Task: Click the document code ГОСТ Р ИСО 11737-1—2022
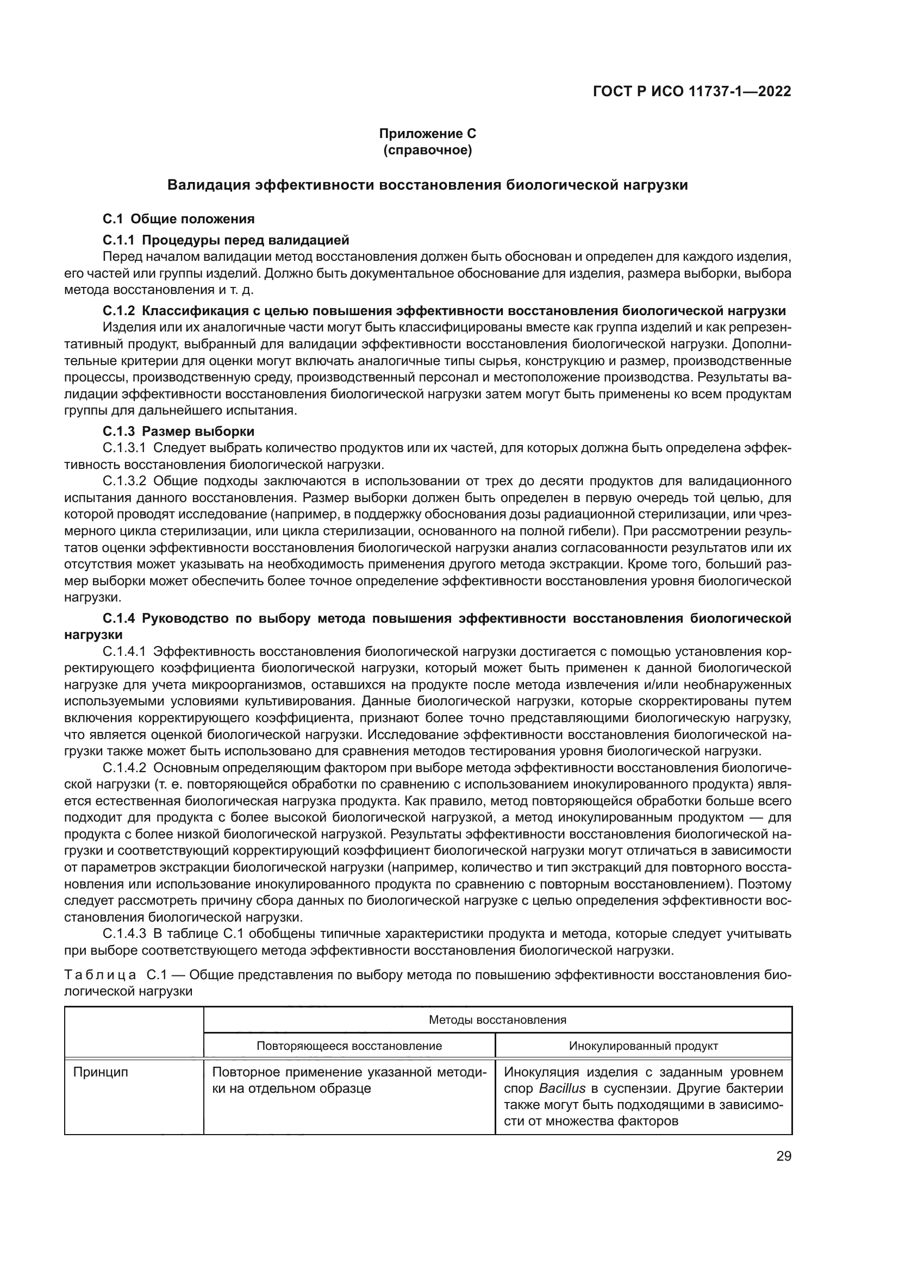pos(691,92)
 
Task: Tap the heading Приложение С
pos(427,134)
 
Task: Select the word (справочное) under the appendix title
pos(427,150)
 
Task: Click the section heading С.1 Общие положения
pos(178,218)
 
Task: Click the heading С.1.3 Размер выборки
pos(178,431)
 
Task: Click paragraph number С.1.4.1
pos(124,651)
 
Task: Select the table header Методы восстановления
pos(497,1019)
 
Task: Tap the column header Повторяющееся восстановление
pos(349,1045)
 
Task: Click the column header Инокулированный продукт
pos(643,1045)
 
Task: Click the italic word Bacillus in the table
pos(562,1088)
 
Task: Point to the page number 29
pos(783,1156)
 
